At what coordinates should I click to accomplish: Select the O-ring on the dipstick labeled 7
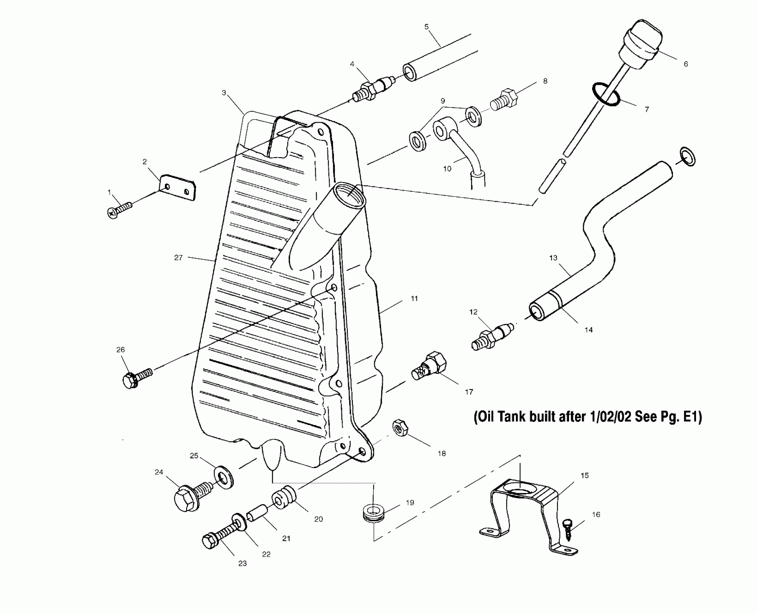pyautogui.click(x=606, y=95)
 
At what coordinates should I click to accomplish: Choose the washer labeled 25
pyautogui.click(x=224, y=477)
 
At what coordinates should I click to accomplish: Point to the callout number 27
pyautogui.click(x=178, y=258)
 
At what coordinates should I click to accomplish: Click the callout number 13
pyautogui.click(x=553, y=258)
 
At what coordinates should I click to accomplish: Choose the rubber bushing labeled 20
pyautogui.click(x=284, y=498)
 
